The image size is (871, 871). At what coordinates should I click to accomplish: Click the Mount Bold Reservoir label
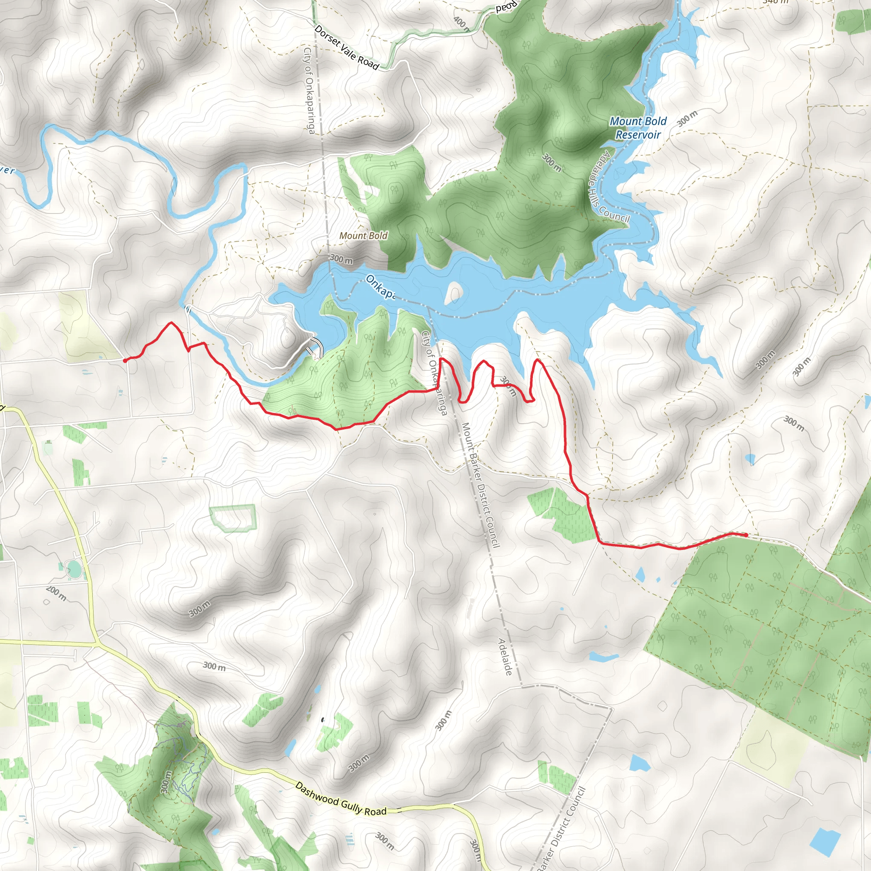(638, 128)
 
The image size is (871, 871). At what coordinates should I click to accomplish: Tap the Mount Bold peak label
(363, 235)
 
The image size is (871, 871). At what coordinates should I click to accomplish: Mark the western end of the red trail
(125, 360)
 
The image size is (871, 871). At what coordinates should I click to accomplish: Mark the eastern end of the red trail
(746, 535)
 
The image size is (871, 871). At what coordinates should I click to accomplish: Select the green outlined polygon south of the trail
(233, 518)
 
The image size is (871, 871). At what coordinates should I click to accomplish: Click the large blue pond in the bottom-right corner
(825, 842)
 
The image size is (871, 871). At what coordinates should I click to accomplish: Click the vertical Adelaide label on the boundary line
(505, 656)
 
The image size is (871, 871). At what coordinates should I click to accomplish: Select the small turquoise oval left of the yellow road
(73, 569)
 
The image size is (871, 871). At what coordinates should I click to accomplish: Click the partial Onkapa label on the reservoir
(380, 287)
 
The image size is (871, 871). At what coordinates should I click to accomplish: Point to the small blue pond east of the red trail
(750, 459)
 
